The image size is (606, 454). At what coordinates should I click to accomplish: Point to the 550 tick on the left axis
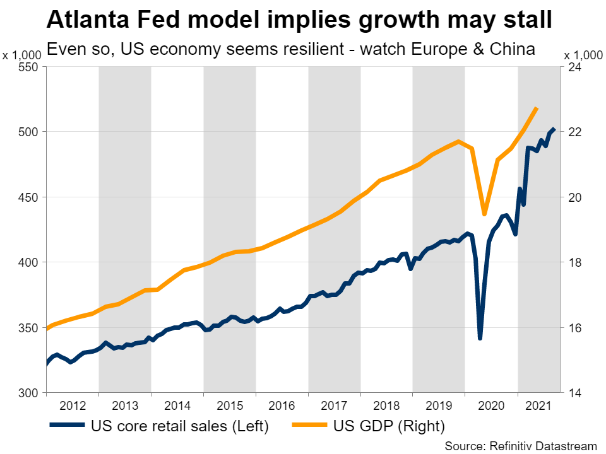[x=29, y=67]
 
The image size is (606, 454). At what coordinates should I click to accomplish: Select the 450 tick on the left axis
[x=29, y=197]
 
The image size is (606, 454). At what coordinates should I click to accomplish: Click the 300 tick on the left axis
[x=29, y=393]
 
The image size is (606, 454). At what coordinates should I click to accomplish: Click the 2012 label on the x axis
[x=72, y=404]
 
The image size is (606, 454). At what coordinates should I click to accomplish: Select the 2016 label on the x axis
[x=282, y=404]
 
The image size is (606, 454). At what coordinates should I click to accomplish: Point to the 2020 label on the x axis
[x=491, y=404]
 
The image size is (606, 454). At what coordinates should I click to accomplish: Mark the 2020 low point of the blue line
[x=480, y=339]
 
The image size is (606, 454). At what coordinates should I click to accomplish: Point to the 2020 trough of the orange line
[x=484, y=214]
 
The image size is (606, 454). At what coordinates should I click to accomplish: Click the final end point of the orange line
[x=536, y=108]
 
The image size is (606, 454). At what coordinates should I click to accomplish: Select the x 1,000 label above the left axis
[x=22, y=55]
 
